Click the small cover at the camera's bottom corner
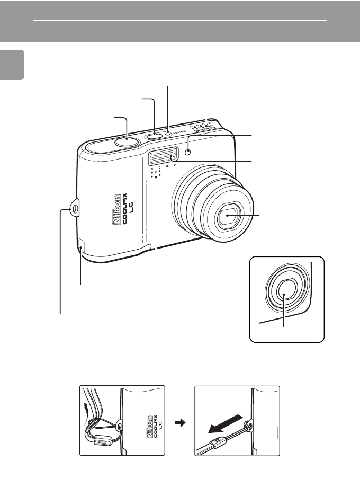pos(81,245)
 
